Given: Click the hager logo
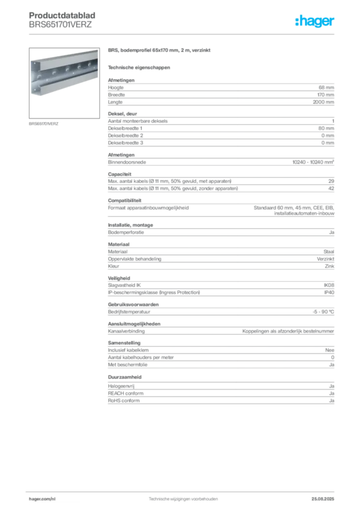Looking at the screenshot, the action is coord(315,21).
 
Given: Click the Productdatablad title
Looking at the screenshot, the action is coord(62,15).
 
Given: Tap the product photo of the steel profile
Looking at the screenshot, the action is coord(64,83).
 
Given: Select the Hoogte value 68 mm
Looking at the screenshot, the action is coord(326,87).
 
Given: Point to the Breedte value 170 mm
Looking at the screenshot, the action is coord(326,95).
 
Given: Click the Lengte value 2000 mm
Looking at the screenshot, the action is coord(323,102).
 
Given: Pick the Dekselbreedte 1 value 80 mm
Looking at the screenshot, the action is coord(326,128).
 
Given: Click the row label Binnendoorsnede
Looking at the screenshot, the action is coord(127,162).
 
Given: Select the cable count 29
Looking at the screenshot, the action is coord(331,181).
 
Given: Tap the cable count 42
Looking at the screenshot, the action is coord(331,188).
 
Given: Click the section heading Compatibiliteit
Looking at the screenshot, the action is coord(125,201).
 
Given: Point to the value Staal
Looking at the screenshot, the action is coord(329,252).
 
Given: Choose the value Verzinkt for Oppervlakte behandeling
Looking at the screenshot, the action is coord(326,258).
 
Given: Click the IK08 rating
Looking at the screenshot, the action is coord(329,285).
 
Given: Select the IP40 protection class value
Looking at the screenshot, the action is coord(329,292).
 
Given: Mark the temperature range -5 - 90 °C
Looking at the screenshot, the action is coord(323,312).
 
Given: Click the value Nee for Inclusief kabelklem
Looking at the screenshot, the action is coord(330,350).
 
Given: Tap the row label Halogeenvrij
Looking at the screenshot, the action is coord(121,386).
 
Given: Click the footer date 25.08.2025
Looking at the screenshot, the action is coord(323,499).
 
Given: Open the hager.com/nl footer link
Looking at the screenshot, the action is coord(42,499).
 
